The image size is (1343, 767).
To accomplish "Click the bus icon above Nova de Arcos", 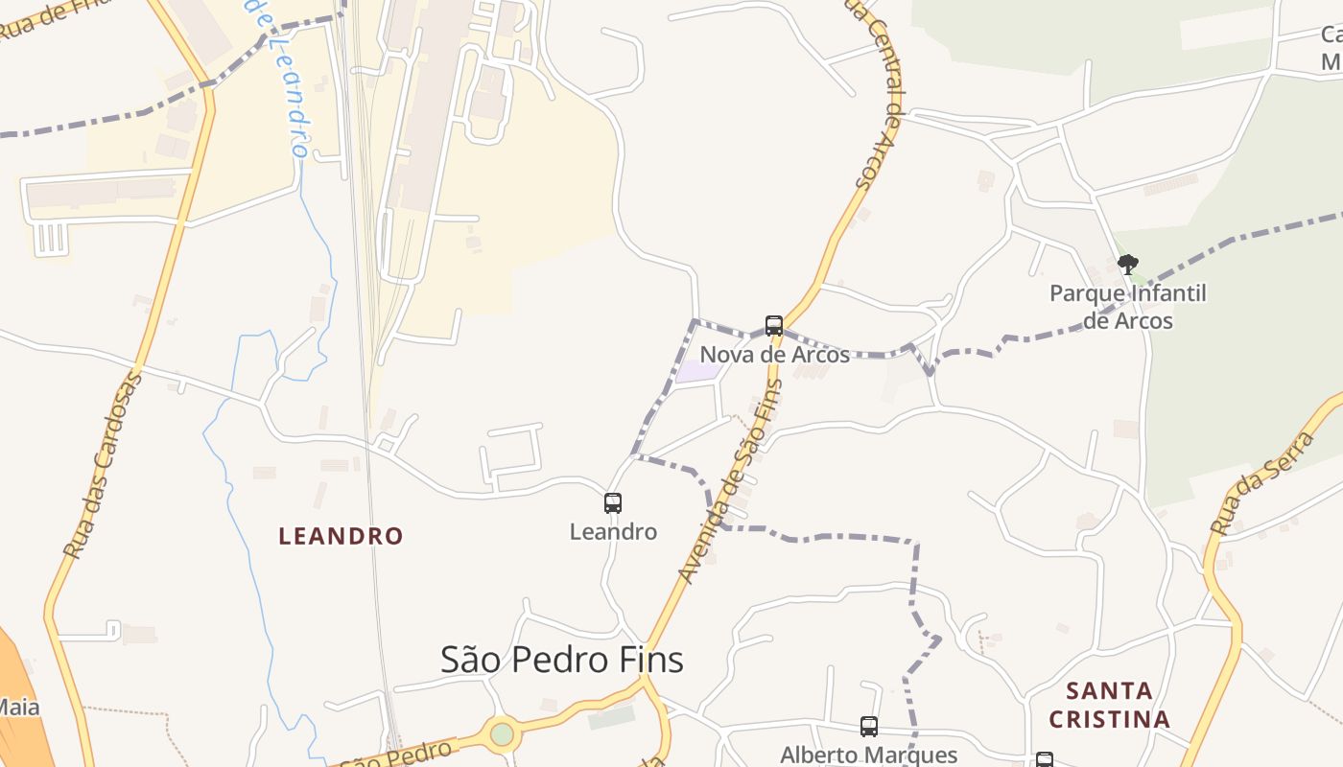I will (x=774, y=326).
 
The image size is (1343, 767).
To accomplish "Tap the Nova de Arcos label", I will (x=774, y=355).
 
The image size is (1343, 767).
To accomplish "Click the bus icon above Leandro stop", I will (x=613, y=503).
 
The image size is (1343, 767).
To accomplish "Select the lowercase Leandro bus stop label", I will (x=613, y=531).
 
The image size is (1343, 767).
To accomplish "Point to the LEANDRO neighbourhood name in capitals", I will (x=341, y=536).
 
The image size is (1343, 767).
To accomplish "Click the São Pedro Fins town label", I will (x=561, y=660).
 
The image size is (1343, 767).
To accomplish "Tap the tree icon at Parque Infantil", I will (x=1128, y=264).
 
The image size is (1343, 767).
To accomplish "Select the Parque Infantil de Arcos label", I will (x=1128, y=307).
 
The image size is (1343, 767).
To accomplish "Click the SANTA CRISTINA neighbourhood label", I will (x=1109, y=705).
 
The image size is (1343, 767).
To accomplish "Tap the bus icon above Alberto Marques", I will (x=869, y=727).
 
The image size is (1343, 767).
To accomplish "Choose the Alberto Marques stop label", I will (x=869, y=755).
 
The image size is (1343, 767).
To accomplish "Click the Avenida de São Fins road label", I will (x=731, y=479).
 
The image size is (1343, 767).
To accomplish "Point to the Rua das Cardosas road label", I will (x=103, y=465).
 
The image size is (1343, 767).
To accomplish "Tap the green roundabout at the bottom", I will (x=502, y=734).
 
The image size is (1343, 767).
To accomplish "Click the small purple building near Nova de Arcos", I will (x=696, y=372).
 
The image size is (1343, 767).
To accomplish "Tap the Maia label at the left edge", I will (x=19, y=708).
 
